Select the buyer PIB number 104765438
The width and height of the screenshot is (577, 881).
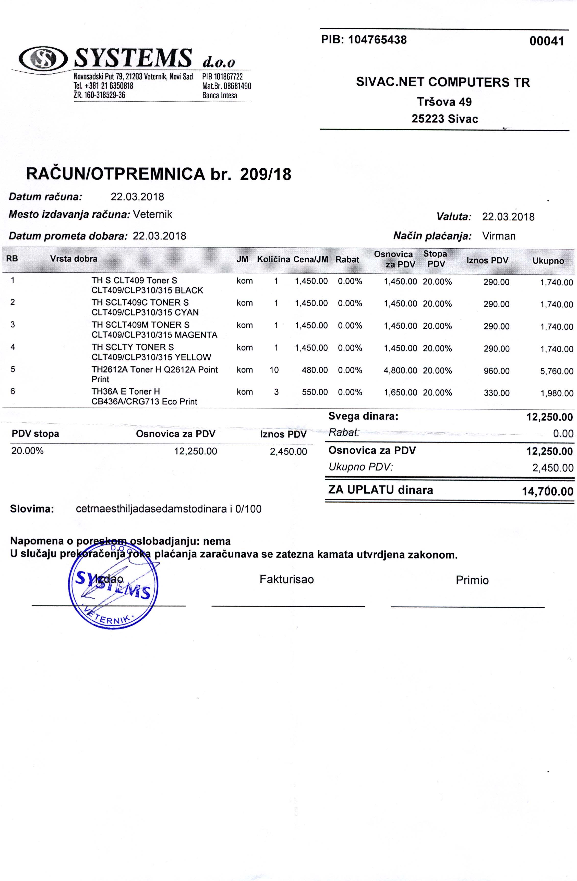[378, 40]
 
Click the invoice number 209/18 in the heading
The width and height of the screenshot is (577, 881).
[266, 174]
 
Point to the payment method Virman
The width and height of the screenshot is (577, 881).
[499, 236]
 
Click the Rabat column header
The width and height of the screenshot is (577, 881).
[347, 260]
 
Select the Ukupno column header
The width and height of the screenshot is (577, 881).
[548, 261]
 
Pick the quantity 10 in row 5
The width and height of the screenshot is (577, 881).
[274, 370]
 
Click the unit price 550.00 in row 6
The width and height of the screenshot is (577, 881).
[315, 392]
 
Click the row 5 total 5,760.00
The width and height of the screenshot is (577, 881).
[557, 371]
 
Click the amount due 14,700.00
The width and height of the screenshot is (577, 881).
[547, 491]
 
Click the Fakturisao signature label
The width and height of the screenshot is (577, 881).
[287, 579]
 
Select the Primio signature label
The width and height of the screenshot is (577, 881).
[472, 580]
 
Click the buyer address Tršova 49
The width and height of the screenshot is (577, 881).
[444, 101]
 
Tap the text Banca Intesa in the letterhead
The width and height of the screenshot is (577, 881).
[220, 96]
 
